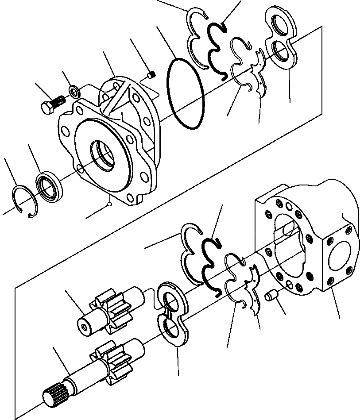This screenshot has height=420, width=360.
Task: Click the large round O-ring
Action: pos(186,94)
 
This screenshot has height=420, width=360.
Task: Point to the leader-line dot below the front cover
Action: pos(109,204)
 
